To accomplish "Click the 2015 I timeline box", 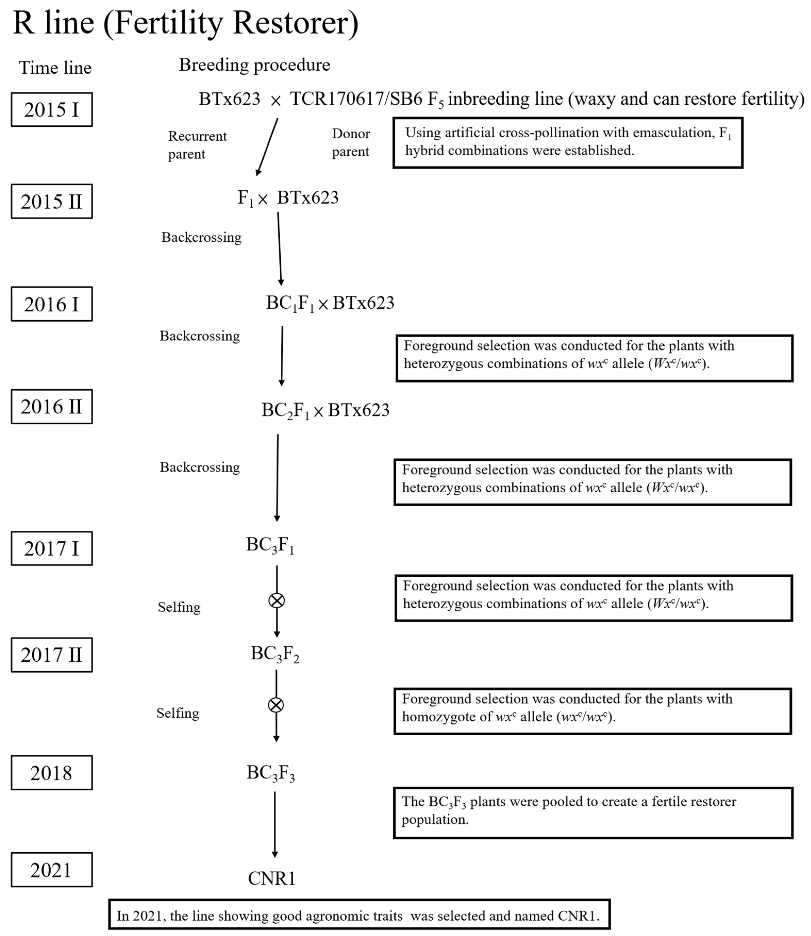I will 52,109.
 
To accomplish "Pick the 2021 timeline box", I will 52,870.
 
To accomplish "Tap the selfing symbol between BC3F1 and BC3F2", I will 277,601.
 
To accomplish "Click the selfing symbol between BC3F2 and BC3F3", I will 275,705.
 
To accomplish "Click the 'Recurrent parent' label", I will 197,145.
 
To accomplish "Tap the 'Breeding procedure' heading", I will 254,65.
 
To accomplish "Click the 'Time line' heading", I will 55,68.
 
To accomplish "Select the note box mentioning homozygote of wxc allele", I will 592,711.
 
